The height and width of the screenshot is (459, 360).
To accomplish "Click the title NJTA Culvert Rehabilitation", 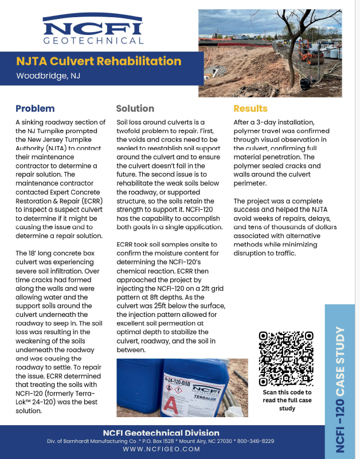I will (99, 61).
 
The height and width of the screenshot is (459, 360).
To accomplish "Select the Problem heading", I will (35, 108).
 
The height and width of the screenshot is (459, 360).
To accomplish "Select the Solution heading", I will (135, 108).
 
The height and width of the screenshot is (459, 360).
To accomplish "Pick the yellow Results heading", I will (250, 108).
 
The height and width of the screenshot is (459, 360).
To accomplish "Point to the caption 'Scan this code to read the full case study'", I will (287, 400).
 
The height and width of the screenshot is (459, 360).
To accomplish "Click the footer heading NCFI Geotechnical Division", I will (161, 433).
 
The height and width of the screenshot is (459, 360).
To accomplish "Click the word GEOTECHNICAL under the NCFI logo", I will (93, 41).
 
